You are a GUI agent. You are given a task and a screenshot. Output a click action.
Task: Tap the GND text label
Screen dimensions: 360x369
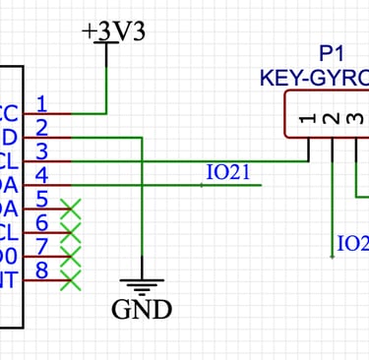142,310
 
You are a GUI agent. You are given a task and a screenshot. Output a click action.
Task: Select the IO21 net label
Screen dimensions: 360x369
228,172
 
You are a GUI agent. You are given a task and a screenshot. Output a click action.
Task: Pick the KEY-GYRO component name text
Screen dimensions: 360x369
314,76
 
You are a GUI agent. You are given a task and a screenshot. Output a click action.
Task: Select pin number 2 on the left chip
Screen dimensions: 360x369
41,126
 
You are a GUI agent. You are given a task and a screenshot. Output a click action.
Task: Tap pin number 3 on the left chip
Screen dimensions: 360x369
41,150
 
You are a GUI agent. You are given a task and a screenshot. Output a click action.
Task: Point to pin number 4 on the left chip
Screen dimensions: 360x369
41,175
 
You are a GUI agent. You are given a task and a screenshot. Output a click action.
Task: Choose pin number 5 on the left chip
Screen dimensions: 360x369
41,199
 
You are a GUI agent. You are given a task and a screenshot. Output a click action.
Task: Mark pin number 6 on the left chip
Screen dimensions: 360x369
41,222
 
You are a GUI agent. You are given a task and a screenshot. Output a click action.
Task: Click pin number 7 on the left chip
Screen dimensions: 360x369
41,246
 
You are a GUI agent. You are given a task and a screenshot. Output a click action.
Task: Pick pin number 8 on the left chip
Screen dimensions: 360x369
41,270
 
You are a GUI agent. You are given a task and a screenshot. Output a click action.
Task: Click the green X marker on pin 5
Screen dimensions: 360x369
70,208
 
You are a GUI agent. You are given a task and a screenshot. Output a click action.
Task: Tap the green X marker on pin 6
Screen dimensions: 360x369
70,232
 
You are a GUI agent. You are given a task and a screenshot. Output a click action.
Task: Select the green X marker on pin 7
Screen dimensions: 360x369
70,256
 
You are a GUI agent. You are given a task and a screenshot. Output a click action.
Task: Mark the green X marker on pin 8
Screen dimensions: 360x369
70,280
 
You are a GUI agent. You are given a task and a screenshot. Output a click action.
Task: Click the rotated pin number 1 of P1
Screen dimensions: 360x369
309,119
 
